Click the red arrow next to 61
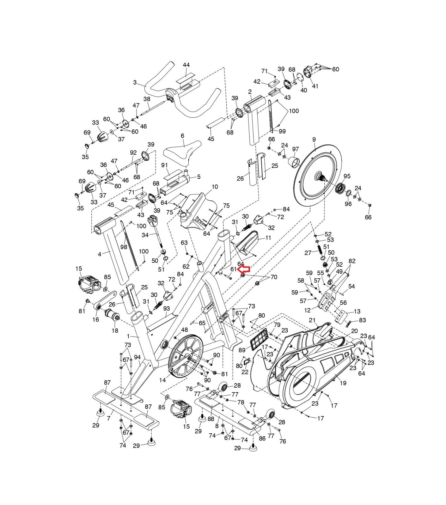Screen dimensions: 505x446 (244, 269)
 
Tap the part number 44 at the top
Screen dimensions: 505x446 (186, 65)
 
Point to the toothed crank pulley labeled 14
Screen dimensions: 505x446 (186, 355)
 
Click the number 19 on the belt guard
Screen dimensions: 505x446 (343, 383)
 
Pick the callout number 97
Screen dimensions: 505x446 (295, 149)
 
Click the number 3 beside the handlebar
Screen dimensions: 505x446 (135, 82)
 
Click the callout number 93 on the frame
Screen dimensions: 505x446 (166, 308)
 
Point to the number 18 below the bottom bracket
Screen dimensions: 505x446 (115, 330)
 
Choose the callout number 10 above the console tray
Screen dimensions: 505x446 (215, 187)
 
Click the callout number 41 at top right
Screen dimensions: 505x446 (315, 86)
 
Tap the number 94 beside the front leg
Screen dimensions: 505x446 (137, 357)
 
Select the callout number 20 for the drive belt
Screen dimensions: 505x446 (354, 330)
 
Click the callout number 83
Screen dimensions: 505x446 (362, 320)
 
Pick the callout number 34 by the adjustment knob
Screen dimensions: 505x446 (145, 235)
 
